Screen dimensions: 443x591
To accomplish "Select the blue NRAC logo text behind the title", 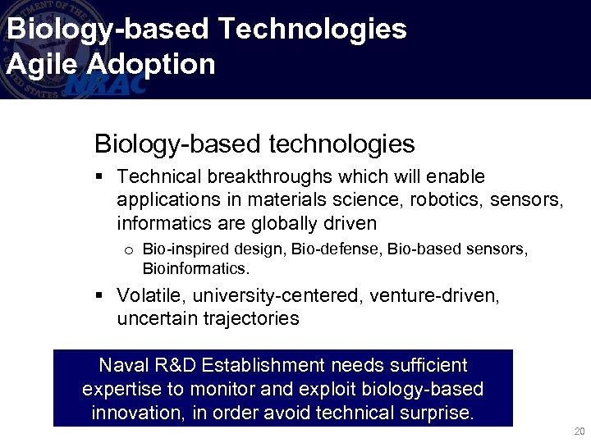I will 107,84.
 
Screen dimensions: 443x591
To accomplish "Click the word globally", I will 283,223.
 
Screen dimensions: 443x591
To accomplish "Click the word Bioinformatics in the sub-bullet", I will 195,268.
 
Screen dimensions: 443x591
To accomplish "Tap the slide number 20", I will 580,432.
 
